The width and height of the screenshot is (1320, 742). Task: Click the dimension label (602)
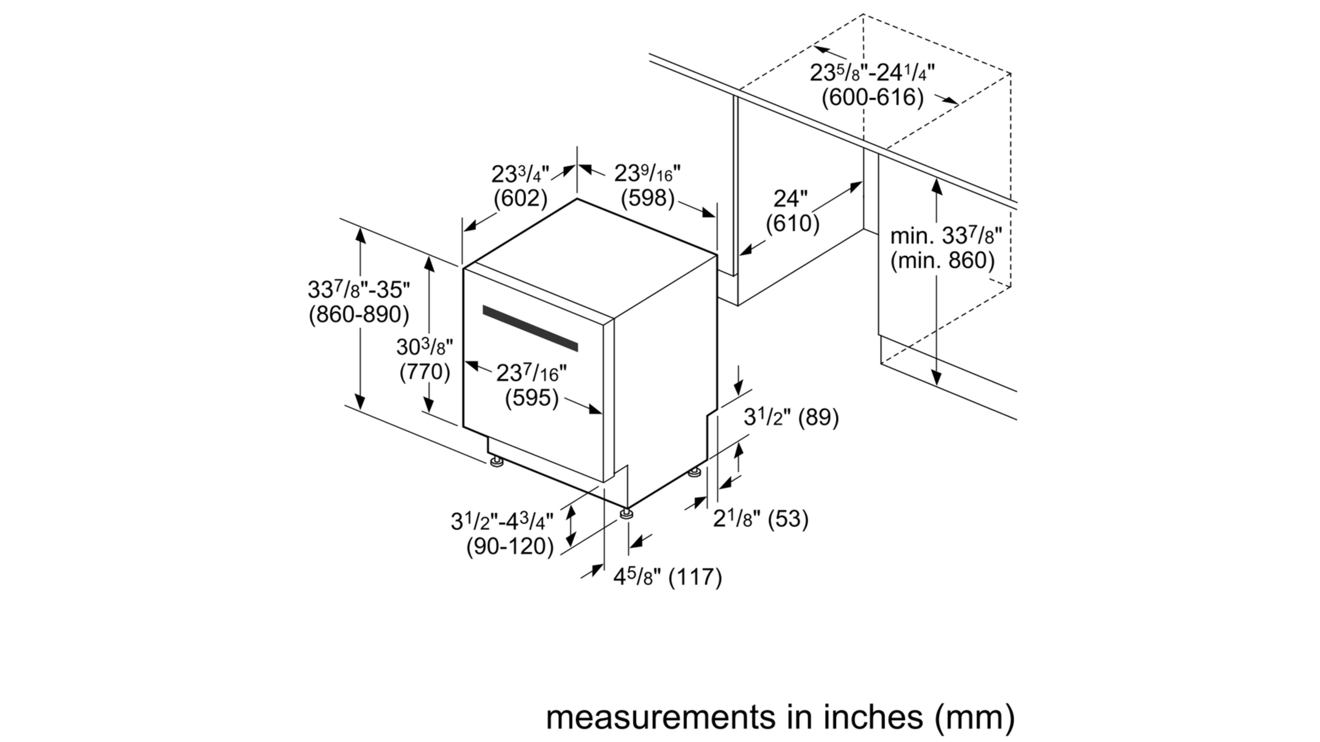[520, 198]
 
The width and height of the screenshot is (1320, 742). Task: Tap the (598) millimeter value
[647, 198]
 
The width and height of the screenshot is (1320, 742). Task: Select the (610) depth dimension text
[792, 223]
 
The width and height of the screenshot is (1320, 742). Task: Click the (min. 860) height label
[942, 261]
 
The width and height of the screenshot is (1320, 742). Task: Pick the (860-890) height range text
[359, 315]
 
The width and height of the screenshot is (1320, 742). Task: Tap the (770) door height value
[424, 372]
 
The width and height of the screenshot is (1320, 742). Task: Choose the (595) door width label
[531, 398]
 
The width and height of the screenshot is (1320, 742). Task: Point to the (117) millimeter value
[696, 577]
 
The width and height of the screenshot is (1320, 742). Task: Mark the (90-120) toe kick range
[510, 546]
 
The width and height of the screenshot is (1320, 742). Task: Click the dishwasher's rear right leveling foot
[694, 472]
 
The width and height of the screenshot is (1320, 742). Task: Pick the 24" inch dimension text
[790, 199]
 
